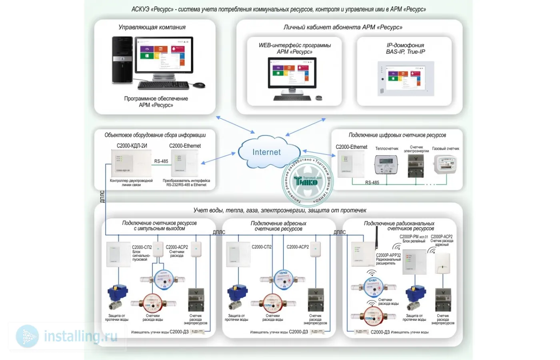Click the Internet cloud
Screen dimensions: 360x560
click(267, 152)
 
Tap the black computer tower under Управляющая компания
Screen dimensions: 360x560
click(122, 60)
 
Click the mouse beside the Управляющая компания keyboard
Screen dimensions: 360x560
click(199, 85)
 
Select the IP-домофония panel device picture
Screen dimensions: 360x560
click(406, 78)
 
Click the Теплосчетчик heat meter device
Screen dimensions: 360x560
click(386, 164)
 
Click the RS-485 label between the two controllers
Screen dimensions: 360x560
click(161, 161)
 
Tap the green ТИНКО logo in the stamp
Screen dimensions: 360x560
click(306, 181)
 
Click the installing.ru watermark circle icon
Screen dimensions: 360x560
click(27, 336)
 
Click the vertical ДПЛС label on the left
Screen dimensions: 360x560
click(102, 196)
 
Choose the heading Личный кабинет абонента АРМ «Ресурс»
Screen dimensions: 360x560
click(343, 27)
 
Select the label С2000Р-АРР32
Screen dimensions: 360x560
click(388, 255)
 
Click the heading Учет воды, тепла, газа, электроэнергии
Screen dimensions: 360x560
click(280, 210)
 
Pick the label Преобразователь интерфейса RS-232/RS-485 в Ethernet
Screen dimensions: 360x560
click(186, 183)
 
